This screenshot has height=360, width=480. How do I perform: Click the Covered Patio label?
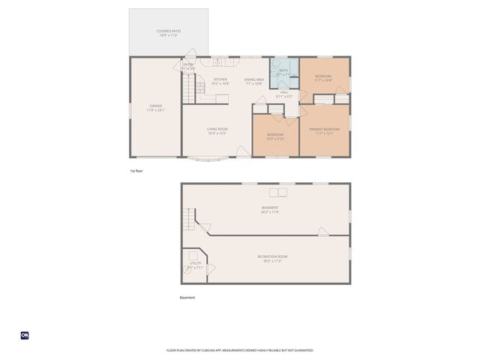click(169, 33)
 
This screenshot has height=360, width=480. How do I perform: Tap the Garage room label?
click(156, 108)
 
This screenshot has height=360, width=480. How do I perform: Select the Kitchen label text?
click(220, 81)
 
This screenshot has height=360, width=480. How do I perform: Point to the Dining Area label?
click(253, 81)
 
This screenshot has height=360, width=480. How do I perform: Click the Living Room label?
click(217, 131)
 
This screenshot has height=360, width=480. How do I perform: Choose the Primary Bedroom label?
click(324, 131)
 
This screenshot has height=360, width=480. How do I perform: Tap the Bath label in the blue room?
click(283, 72)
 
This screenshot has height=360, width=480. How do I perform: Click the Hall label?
click(284, 94)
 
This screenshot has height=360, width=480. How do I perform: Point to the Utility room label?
click(195, 265)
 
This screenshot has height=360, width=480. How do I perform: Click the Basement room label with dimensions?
click(270, 209)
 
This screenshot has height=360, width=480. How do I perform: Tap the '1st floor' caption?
click(136, 171)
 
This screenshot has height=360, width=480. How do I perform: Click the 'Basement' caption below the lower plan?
click(187, 298)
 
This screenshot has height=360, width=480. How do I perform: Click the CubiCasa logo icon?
click(24, 335)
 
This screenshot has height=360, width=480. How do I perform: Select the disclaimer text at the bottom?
click(239, 350)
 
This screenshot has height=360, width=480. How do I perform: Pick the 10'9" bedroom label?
click(275, 137)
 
